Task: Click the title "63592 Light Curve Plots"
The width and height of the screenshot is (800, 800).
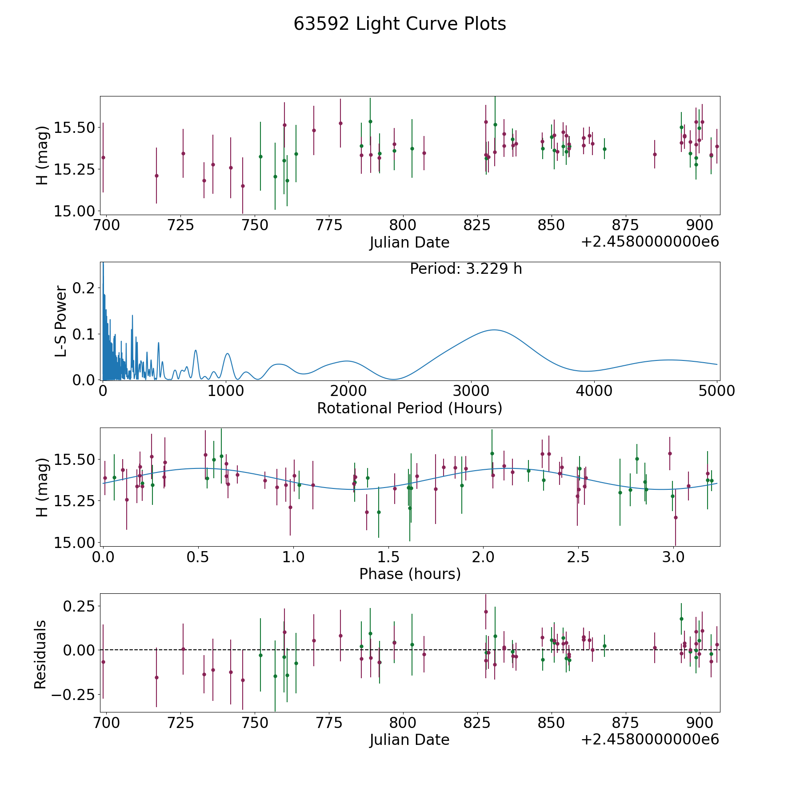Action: point(400,24)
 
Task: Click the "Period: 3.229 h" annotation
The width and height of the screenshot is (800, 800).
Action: point(465,269)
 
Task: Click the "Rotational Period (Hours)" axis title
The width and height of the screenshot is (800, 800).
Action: point(409,408)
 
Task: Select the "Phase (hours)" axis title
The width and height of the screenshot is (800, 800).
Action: point(409,574)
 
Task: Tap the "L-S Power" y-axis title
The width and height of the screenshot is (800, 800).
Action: point(61,321)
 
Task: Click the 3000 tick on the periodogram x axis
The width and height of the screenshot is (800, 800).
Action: point(471,391)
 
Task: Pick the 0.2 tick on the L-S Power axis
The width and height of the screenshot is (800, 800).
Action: point(84,288)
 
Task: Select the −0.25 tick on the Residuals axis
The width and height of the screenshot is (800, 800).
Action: point(73,694)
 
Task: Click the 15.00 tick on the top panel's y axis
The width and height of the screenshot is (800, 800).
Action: point(74,211)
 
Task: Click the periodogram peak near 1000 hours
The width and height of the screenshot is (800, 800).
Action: point(228,353)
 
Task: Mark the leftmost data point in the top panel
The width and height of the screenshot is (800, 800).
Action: point(103,157)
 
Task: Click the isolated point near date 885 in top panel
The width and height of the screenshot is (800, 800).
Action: point(655,154)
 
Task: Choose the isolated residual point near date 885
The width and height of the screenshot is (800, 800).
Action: point(655,648)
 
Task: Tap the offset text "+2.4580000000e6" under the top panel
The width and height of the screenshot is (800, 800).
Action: point(650,242)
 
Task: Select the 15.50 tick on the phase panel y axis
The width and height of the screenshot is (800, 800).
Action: point(74,459)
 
